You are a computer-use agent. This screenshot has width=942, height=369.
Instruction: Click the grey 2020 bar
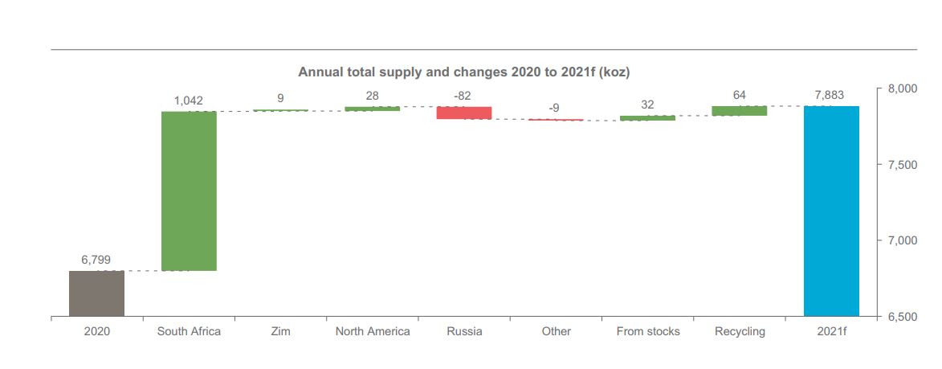pyautogui.click(x=96, y=293)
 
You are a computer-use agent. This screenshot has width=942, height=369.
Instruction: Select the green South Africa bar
pyautogui.click(x=189, y=191)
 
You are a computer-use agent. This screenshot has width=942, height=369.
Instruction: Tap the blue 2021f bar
pyautogui.click(x=831, y=211)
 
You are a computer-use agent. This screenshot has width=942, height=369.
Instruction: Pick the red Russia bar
pyautogui.click(x=464, y=113)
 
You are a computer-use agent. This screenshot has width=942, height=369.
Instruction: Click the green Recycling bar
pyautogui.click(x=739, y=111)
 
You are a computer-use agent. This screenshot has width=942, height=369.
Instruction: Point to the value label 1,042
pyautogui.click(x=189, y=100)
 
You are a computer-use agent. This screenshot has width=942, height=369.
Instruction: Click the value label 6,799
pyautogui.click(x=96, y=260)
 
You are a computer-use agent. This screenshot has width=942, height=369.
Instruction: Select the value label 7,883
pyautogui.click(x=830, y=95)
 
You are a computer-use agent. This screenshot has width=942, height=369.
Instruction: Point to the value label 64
pyautogui.click(x=740, y=95)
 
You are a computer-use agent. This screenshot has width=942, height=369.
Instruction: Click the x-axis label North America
pyautogui.click(x=373, y=331)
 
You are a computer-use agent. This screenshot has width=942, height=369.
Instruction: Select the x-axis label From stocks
pyautogui.click(x=648, y=331)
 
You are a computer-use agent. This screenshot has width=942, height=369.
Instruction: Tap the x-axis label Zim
pyautogui.click(x=280, y=331)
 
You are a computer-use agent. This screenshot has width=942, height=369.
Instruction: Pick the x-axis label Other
pyautogui.click(x=556, y=331)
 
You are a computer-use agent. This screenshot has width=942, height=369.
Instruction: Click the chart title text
pyautogui.click(x=464, y=72)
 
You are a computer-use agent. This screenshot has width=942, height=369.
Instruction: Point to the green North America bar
pyautogui.click(x=373, y=109)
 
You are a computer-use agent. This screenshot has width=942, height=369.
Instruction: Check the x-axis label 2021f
pyautogui.click(x=831, y=331)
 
